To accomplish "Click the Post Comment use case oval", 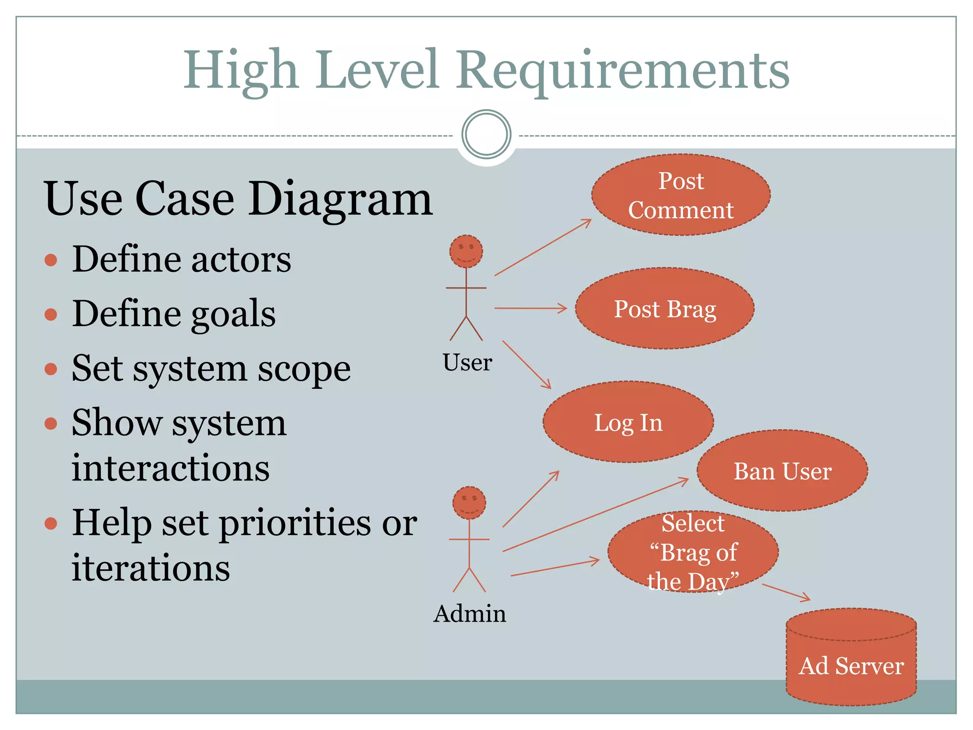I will click(x=680, y=195).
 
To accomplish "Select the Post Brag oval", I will click(x=664, y=309).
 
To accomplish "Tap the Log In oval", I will click(x=628, y=422).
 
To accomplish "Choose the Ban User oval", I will click(x=782, y=471).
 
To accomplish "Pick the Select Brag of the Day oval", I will click(x=693, y=551).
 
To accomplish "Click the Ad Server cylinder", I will click(x=851, y=665).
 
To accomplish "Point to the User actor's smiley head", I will click(x=466, y=251).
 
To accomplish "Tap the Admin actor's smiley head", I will click(x=469, y=503).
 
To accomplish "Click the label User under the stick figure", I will click(x=467, y=363).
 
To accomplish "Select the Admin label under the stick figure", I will click(x=469, y=614).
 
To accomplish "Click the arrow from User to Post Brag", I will click(x=530, y=308).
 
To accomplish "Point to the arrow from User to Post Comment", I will click(x=543, y=248).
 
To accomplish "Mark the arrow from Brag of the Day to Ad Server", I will click(x=786, y=592).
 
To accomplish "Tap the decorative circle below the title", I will click(x=486, y=134).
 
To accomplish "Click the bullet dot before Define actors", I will click(x=51, y=260).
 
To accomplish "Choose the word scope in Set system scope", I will click(x=304, y=369).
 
